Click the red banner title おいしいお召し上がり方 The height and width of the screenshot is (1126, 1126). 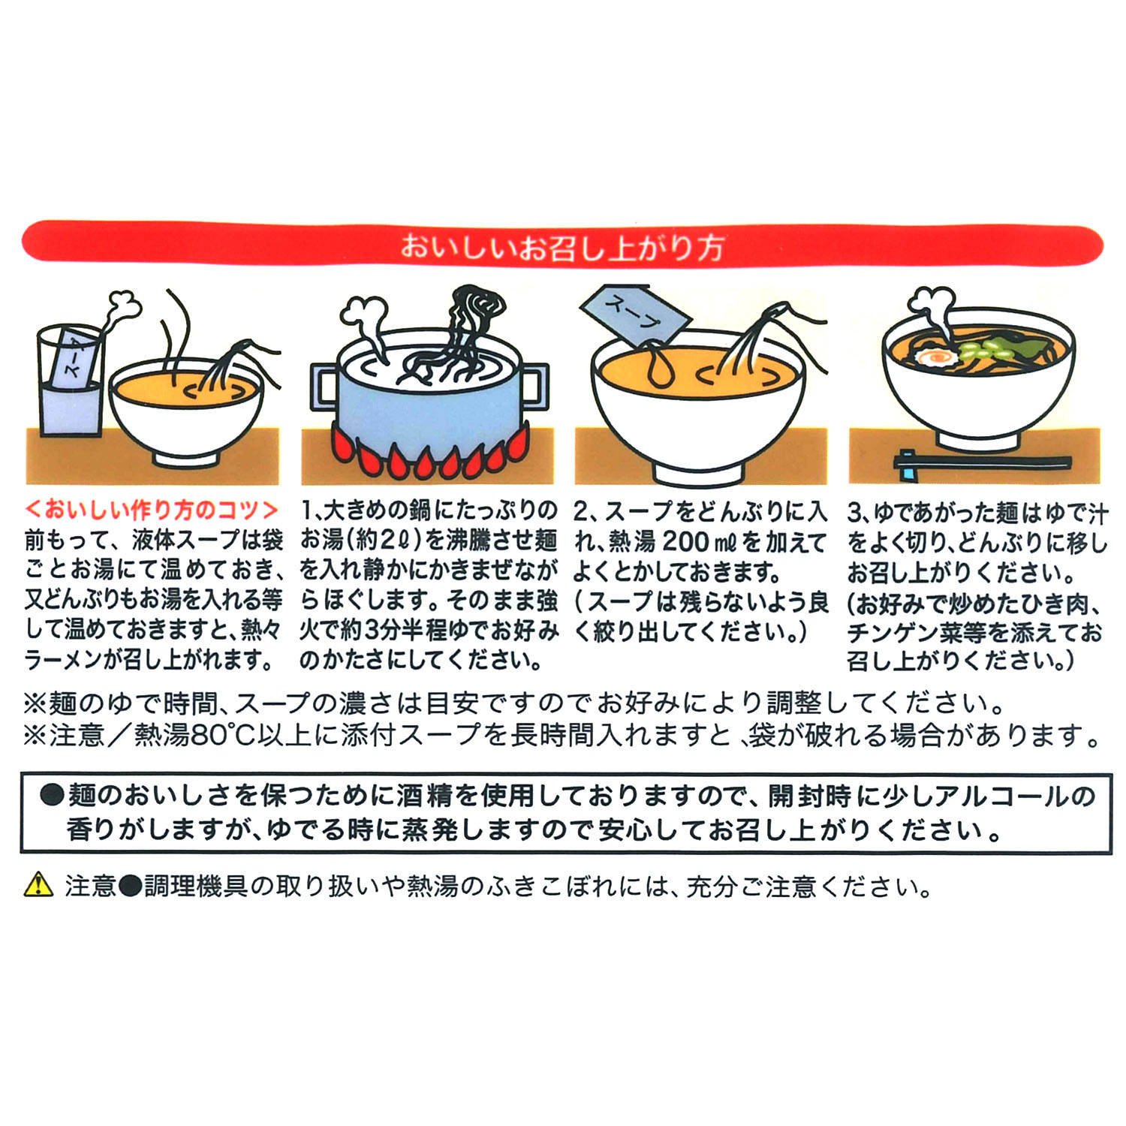point(562,247)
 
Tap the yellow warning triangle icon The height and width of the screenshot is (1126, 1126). point(38,886)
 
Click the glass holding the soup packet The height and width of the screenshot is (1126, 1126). point(69,380)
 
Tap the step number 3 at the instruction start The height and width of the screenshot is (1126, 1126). point(854,513)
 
